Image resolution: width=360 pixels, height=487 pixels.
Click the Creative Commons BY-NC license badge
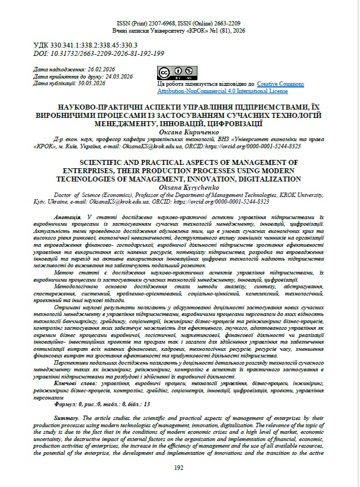[x=177, y=72]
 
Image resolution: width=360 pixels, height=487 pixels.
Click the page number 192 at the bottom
[x=179, y=468]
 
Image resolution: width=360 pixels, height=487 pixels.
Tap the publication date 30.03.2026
[x=91, y=83]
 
